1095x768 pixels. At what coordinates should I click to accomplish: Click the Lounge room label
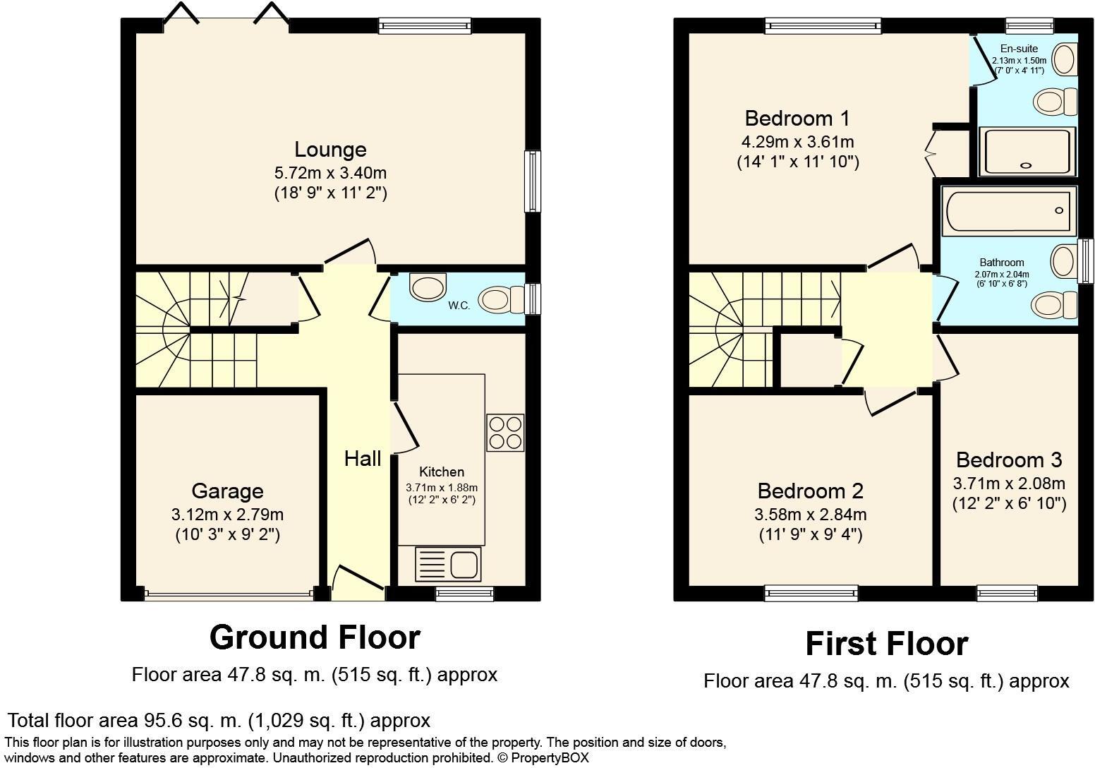tap(330, 150)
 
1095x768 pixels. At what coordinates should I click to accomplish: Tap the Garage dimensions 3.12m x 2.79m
tap(227, 514)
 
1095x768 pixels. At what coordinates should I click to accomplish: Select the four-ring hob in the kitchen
tap(505, 432)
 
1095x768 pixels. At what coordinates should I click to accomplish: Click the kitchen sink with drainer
tap(448, 564)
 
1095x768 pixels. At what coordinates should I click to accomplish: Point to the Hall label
tap(363, 459)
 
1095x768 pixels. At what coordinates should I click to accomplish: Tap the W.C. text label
tap(459, 306)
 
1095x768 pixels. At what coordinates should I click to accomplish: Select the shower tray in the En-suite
tap(1027, 151)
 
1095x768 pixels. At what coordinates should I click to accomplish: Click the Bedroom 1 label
tap(797, 118)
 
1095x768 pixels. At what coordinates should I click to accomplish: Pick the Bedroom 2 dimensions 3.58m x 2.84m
tap(811, 514)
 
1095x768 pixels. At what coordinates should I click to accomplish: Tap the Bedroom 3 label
tap(1008, 460)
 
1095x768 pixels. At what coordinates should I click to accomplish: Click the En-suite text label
tap(1019, 49)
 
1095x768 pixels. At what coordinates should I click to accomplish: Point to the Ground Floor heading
tap(315, 637)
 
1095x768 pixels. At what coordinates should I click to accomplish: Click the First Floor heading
tap(886, 644)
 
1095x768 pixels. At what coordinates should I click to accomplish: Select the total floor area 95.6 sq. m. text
tap(219, 721)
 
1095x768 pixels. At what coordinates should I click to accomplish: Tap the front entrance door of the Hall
tap(358, 582)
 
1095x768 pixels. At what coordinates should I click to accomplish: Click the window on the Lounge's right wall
tap(532, 181)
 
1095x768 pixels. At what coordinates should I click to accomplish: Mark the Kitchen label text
tap(442, 472)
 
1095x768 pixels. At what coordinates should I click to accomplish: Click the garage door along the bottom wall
tap(229, 594)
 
